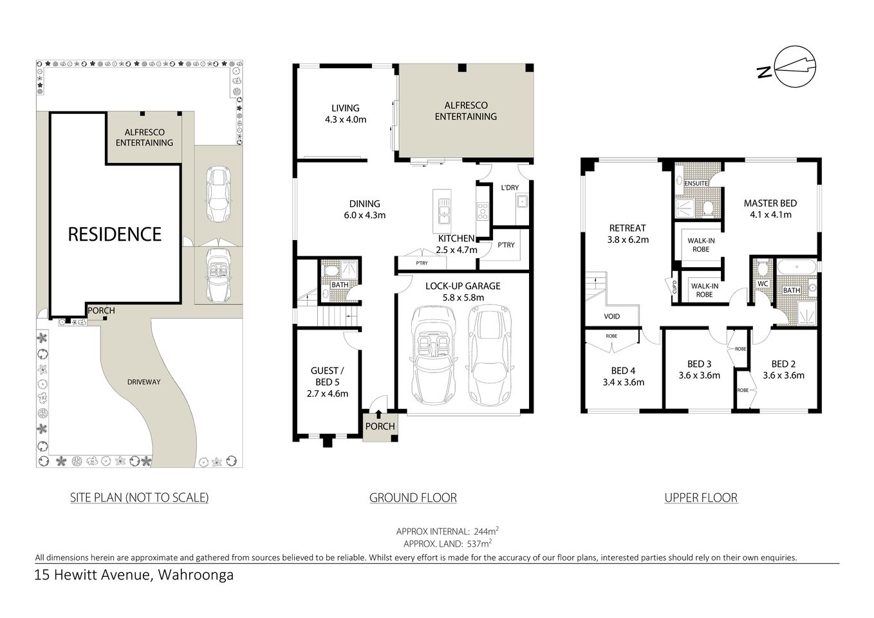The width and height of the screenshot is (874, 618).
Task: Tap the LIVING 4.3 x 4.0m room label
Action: [x=346, y=113]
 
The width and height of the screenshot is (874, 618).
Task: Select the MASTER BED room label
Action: [x=770, y=209]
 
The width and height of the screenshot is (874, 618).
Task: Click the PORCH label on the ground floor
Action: [x=380, y=426]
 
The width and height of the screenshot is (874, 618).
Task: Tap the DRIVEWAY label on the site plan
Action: [x=143, y=382]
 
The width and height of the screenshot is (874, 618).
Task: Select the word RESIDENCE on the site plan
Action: [x=115, y=234]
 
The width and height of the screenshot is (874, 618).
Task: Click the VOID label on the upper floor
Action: [x=612, y=316]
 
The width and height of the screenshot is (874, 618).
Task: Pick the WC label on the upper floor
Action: [x=763, y=283]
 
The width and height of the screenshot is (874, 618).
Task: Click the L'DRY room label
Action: [x=510, y=187]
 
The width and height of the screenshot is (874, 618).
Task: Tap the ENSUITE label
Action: [x=696, y=183]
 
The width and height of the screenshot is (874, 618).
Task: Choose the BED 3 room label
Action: [x=699, y=369]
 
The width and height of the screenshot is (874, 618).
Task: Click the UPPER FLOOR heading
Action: [x=701, y=497]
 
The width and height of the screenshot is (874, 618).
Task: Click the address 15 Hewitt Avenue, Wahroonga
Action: [x=135, y=575]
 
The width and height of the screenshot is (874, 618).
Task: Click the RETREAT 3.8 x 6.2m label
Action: [x=627, y=233]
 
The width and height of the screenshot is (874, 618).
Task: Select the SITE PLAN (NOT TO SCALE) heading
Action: [x=139, y=497]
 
